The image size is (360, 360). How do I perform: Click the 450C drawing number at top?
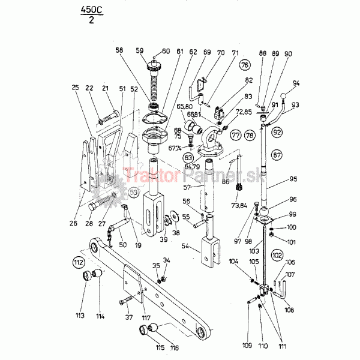(91, 11)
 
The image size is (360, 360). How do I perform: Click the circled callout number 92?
(277, 131)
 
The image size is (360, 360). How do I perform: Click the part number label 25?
(75, 88)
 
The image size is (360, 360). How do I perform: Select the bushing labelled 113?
(90, 277)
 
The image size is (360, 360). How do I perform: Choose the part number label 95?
(293, 179)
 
